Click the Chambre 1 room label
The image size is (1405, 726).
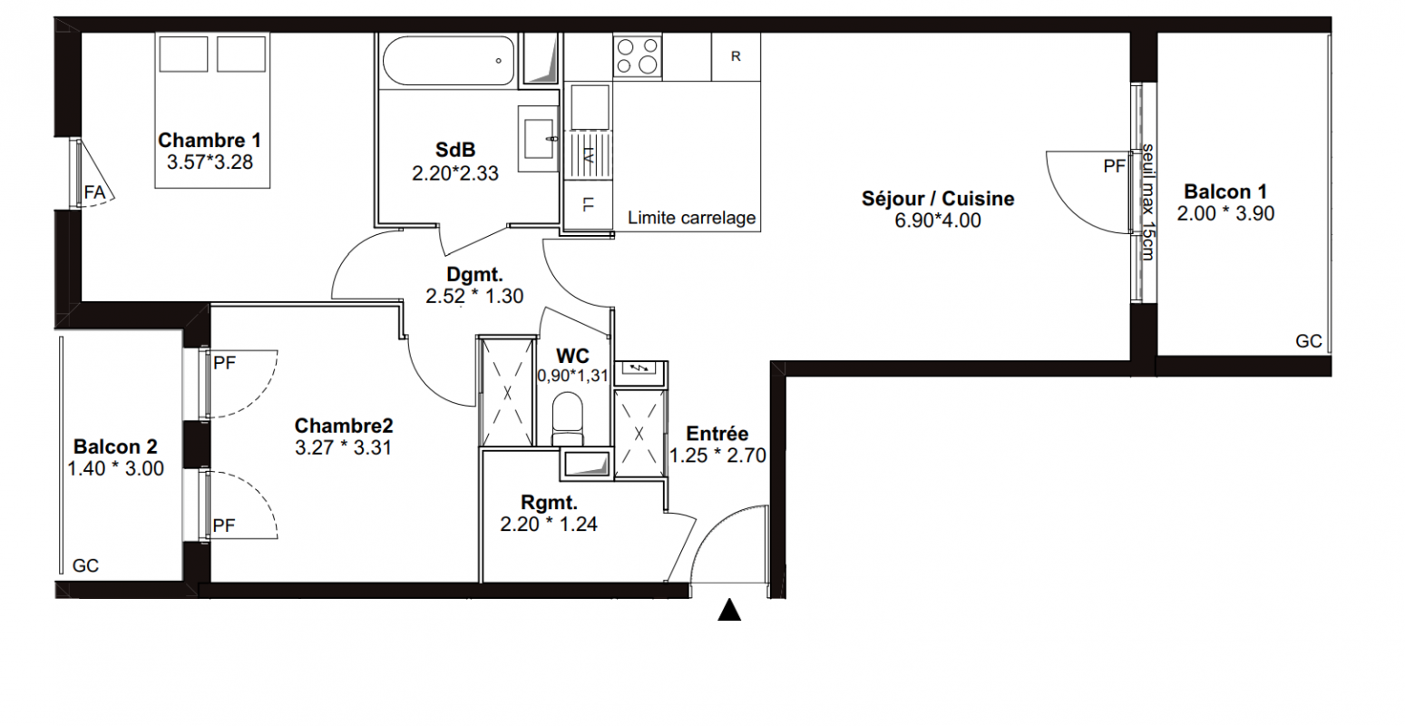tap(210, 140)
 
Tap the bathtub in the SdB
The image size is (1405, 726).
tap(448, 60)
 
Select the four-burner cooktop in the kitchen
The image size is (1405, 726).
tap(638, 56)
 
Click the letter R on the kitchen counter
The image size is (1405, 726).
tap(736, 56)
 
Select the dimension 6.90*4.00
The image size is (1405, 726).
tap(937, 221)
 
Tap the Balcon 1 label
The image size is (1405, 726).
tap(1225, 191)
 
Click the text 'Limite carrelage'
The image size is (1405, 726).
tap(691, 218)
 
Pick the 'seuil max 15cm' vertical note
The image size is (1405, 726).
tap(1147, 202)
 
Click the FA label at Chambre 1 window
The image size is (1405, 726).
tap(94, 192)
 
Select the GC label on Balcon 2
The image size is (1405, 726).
tap(85, 566)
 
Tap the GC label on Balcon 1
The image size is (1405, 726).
tap(1309, 341)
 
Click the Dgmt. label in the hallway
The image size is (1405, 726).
tap(474, 275)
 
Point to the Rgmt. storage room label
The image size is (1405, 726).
tap(549, 503)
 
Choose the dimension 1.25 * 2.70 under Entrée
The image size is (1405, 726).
tap(717, 456)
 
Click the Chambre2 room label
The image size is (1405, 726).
tap(344, 426)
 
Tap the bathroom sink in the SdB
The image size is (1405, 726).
tap(538, 139)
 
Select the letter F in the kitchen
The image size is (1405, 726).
tap(588, 204)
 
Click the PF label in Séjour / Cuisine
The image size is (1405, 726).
tap(1115, 166)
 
